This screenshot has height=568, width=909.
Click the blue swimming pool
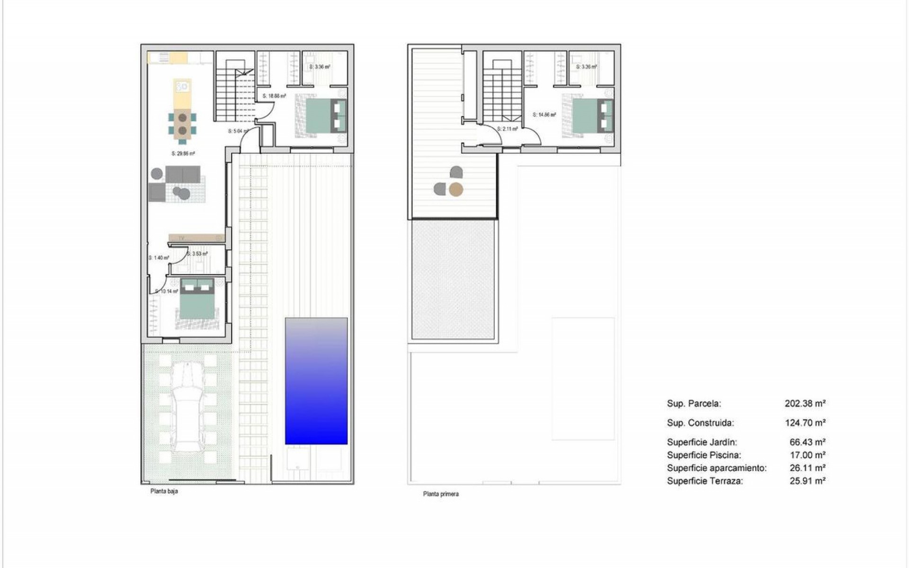coord(316,381)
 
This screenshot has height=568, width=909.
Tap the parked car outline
coord(188,408)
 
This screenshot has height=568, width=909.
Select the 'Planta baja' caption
coord(164,491)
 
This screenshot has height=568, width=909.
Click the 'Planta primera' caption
coord(441,494)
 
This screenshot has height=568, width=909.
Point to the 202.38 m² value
coord(805,404)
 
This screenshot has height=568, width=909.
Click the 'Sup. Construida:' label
coord(700,423)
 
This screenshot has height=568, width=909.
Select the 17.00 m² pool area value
coord(808,455)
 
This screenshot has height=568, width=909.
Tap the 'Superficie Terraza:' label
coord(705,481)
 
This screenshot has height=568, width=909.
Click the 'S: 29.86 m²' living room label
coord(184,153)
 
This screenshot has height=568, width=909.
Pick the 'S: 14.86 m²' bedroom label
coord(544,115)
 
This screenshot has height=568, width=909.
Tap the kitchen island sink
coord(182,87)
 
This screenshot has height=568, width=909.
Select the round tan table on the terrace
coord(456,190)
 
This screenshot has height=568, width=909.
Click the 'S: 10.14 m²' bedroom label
coord(167,291)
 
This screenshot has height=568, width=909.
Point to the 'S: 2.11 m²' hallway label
coord(507,129)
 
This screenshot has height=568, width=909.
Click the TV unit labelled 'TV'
coord(196,238)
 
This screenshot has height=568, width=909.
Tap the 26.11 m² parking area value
coord(808,468)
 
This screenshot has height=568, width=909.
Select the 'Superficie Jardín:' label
coord(702,442)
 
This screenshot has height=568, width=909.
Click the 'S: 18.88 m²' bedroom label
coord(275,96)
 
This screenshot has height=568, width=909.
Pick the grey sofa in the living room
coord(183,174)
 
